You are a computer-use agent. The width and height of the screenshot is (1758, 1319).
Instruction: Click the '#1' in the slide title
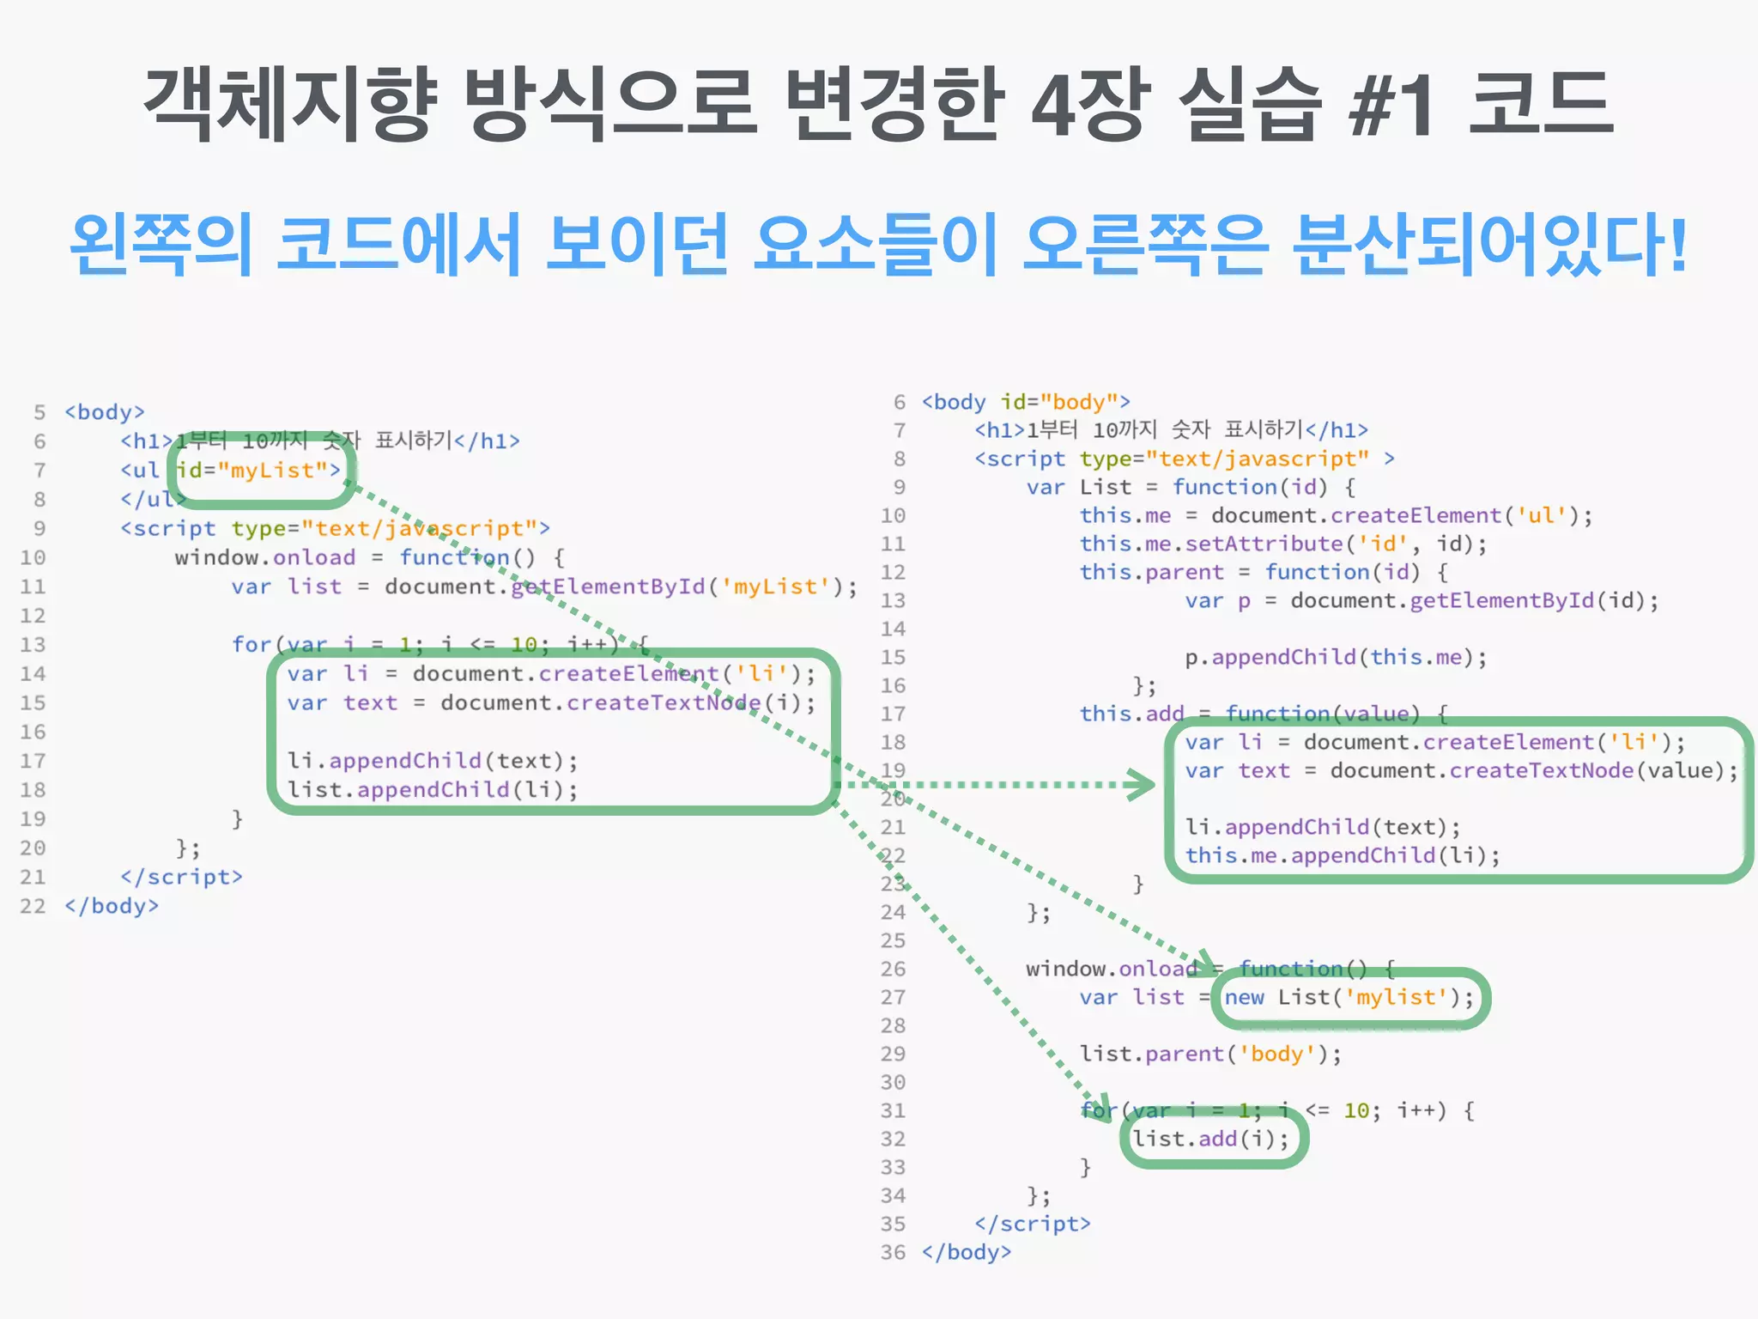click(x=1391, y=105)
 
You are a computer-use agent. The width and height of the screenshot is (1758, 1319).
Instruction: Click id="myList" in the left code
click(x=258, y=471)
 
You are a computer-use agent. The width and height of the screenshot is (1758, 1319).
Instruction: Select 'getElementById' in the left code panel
click(x=607, y=587)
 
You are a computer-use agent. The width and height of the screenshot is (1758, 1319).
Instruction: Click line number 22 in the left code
click(x=33, y=907)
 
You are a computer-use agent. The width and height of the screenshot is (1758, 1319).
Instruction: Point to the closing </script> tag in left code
click(x=181, y=878)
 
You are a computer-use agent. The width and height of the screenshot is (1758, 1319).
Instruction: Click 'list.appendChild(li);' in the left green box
click(x=433, y=790)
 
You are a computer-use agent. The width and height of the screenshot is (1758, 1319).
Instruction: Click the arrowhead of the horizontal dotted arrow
click(x=1143, y=784)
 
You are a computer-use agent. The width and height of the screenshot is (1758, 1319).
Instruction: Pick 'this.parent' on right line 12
click(x=1151, y=573)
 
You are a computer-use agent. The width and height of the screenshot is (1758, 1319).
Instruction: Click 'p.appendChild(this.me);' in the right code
click(x=1335, y=658)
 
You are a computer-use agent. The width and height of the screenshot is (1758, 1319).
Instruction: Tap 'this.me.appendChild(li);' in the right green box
click(x=1343, y=856)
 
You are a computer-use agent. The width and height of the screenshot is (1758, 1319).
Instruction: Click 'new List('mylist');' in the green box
click(x=1349, y=998)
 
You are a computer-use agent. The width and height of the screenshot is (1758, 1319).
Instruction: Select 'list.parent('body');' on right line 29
click(x=1210, y=1055)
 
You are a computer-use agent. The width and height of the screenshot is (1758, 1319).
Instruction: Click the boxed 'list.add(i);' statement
click(x=1210, y=1140)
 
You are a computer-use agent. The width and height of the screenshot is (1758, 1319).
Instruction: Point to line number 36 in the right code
click(x=893, y=1253)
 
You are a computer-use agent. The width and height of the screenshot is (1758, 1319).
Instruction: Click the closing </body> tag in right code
click(x=967, y=1253)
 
